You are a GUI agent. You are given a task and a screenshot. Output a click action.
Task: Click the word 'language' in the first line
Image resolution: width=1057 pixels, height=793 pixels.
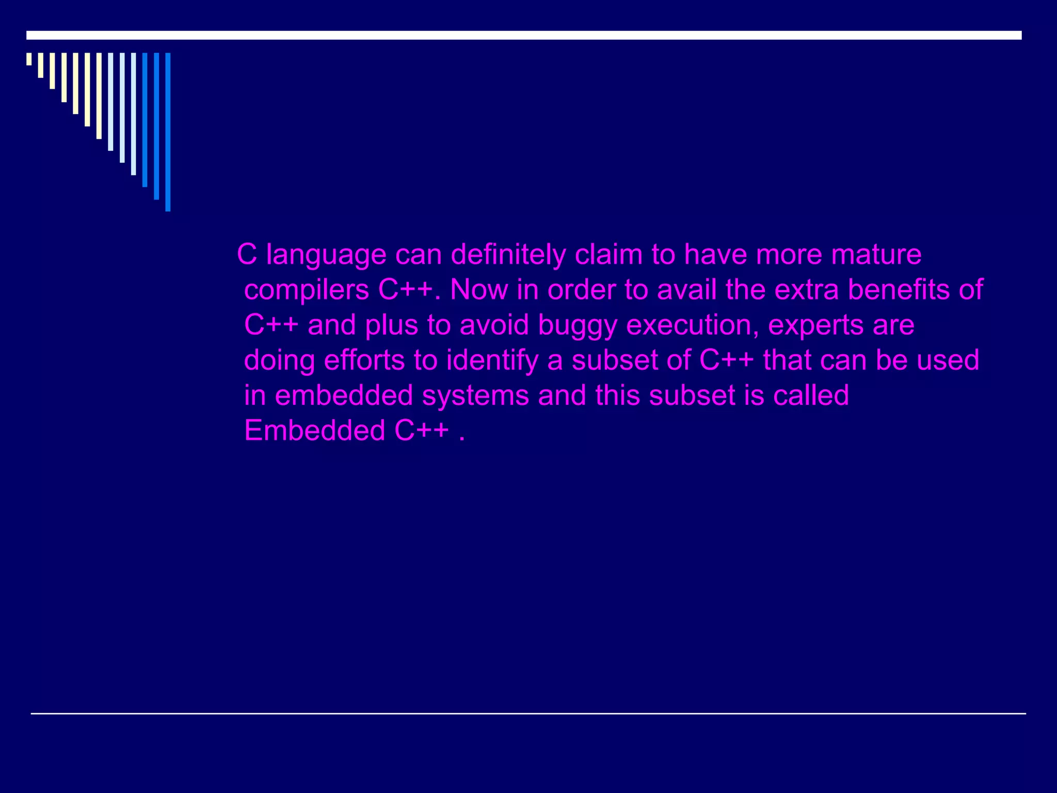(x=326, y=256)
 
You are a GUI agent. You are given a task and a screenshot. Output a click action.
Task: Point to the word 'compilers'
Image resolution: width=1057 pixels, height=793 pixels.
(x=306, y=291)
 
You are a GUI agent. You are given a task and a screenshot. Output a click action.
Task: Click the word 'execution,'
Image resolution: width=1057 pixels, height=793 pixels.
(x=692, y=326)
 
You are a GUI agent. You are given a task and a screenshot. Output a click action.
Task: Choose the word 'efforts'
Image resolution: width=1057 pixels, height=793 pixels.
(x=364, y=360)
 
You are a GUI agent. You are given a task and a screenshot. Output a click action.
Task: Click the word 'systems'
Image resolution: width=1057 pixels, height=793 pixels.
(x=475, y=396)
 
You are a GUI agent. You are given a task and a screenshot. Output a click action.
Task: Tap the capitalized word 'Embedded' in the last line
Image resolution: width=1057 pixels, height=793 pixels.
(x=314, y=430)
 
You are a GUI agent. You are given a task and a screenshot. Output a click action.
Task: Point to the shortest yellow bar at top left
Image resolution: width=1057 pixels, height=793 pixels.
(x=29, y=59)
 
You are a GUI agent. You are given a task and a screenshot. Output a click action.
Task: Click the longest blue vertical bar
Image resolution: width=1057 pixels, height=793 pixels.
(x=168, y=132)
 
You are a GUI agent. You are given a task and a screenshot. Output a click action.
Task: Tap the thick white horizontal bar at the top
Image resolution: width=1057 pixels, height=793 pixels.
(x=524, y=35)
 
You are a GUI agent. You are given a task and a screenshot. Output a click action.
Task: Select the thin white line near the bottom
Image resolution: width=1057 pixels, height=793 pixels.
(x=528, y=713)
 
